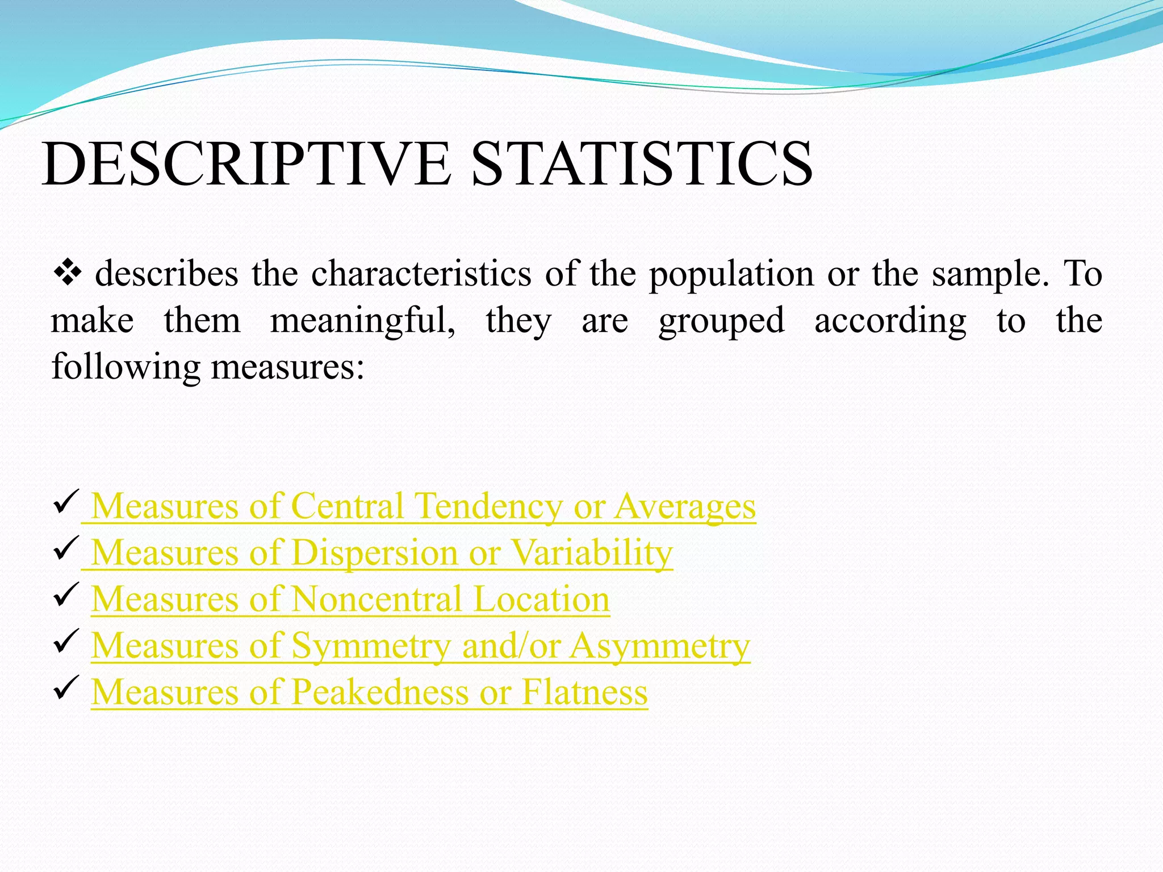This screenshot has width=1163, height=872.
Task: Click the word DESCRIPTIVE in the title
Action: (246, 165)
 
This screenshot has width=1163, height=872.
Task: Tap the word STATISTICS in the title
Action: (642, 165)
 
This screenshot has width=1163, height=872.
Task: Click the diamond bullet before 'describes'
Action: (67, 274)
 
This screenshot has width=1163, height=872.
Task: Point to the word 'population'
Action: (731, 275)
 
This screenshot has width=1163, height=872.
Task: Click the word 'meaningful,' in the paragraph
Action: (362, 321)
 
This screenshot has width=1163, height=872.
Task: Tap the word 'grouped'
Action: (721, 321)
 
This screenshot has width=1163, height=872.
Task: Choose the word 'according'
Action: (890, 321)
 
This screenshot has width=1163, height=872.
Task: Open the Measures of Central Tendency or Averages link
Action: (423, 506)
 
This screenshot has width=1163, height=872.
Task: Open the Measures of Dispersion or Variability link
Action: (382, 552)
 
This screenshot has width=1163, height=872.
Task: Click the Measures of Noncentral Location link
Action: (350, 599)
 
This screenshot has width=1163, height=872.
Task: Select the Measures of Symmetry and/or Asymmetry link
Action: (420, 646)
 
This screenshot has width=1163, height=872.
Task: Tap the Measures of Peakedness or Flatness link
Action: (369, 693)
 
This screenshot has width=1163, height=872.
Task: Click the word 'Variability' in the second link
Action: (592, 552)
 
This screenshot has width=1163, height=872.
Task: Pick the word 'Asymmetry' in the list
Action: (660, 646)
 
